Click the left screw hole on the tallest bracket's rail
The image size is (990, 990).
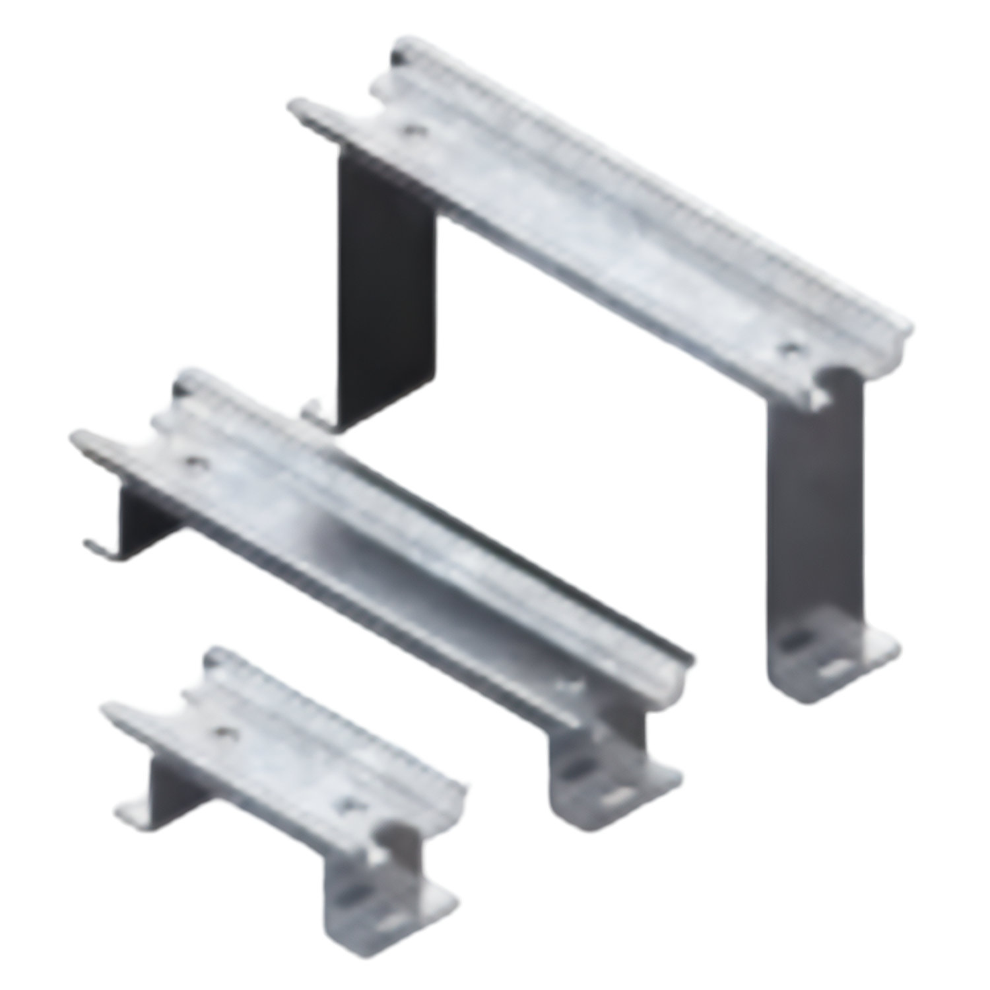pos(414,130)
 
